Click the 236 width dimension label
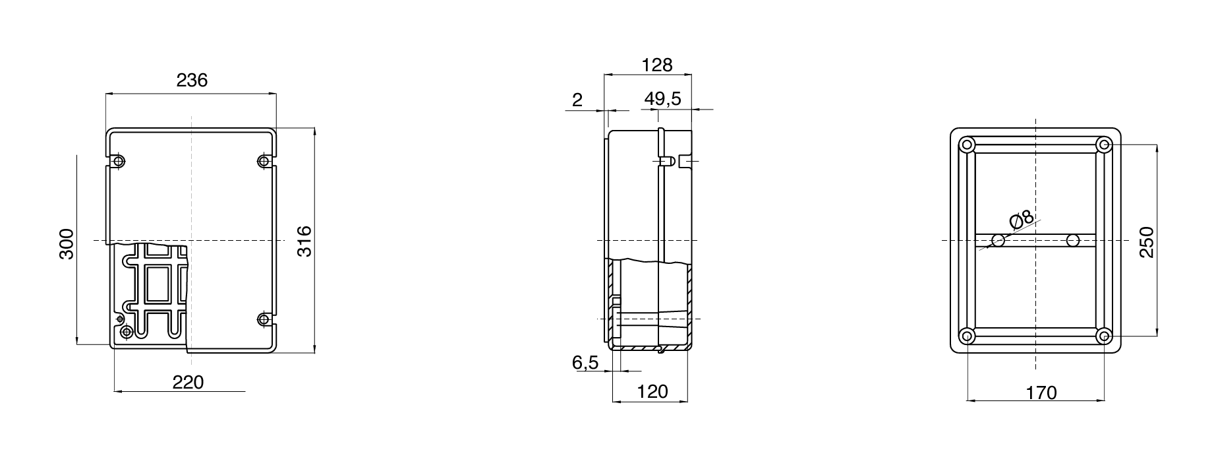pyautogui.click(x=192, y=80)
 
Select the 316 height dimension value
pyautogui.click(x=304, y=241)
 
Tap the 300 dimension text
pyautogui.click(x=67, y=244)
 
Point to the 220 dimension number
pyautogui.click(x=188, y=382)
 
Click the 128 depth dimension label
pyautogui.click(x=657, y=65)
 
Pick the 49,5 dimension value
pyautogui.click(x=662, y=100)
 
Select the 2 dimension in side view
pyautogui.click(x=577, y=100)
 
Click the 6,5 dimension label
pyautogui.click(x=585, y=362)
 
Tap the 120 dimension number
pyautogui.click(x=653, y=392)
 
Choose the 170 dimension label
pyautogui.click(x=1041, y=393)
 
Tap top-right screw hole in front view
pyautogui.click(x=264, y=161)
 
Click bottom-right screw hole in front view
pyautogui.click(x=264, y=319)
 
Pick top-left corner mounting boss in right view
pyautogui.click(x=967, y=144)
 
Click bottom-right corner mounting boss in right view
pyautogui.click(x=1105, y=336)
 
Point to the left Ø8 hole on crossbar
pyautogui.click(x=998, y=241)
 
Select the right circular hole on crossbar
pyautogui.click(x=1073, y=241)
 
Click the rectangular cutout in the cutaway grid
pyautogui.click(x=156, y=284)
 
